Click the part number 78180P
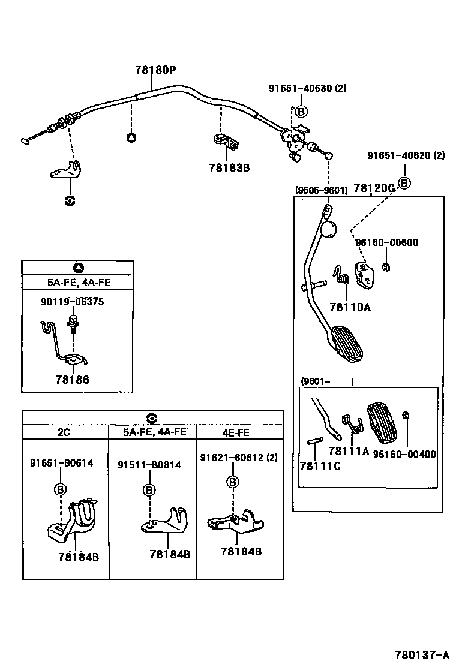click(155, 70)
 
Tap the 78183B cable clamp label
click(229, 167)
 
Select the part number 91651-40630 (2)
click(307, 88)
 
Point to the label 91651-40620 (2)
click(406, 155)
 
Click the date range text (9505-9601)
click(321, 190)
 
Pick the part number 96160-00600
click(386, 243)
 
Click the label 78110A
click(350, 307)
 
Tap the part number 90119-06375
click(72, 302)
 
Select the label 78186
click(72, 380)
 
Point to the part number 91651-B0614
click(61, 462)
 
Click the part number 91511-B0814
click(149, 465)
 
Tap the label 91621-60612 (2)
click(239, 458)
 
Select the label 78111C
click(320, 466)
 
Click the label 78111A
click(349, 451)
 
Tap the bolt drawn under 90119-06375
click(74, 324)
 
